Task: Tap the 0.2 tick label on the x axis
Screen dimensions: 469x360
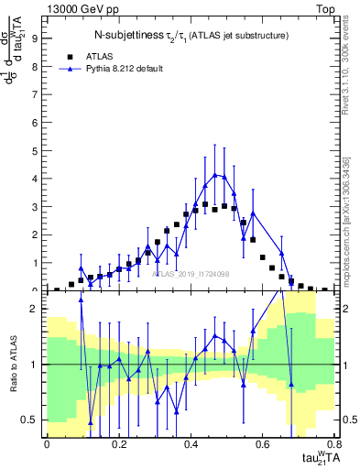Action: (x=118, y=444)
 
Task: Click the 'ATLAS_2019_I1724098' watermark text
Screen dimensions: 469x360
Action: (x=192, y=273)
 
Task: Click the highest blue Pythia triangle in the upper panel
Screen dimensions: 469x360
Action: (x=214, y=174)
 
